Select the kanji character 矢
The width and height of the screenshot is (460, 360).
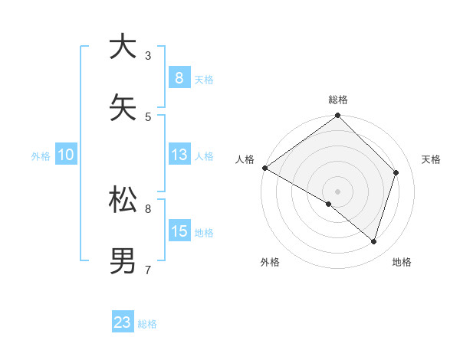tap(123, 107)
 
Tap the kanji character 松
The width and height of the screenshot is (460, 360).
tap(123, 199)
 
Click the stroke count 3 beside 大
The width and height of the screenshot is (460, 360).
tap(148, 55)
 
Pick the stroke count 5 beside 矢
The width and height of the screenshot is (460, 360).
tap(148, 116)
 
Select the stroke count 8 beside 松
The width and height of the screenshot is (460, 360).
tap(148, 208)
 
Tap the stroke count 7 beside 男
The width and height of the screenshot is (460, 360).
tap(148, 270)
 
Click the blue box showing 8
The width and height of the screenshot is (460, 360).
tap(179, 77)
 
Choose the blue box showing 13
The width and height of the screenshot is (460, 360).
tap(179, 155)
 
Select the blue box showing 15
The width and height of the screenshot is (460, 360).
tap(179, 231)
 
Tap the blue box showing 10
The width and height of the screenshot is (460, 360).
tap(66, 155)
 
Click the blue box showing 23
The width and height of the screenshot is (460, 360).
tap(123, 322)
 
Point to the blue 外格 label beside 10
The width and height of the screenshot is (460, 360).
tap(41, 156)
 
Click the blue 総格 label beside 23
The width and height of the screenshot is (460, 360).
tap(147, 324)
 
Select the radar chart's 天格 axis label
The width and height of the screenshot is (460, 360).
tap(431, 159)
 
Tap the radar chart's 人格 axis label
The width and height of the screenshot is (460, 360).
tap(245, 159)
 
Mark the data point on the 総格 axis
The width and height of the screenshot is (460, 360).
tap(337, 116)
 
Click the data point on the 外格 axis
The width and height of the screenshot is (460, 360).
tap(329, 204)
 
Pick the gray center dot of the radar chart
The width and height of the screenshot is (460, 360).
tap(337, 191)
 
